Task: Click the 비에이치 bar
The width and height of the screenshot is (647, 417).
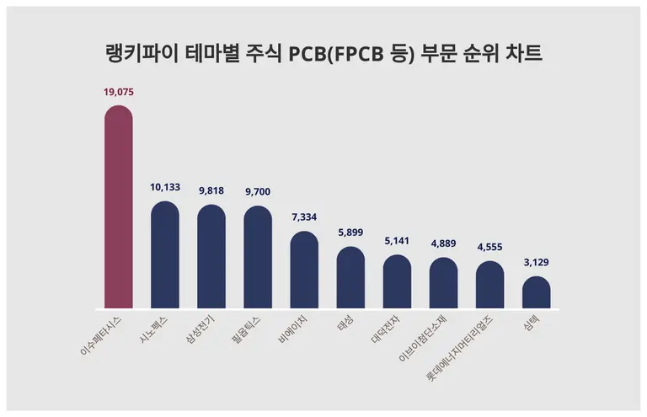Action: [x=304, y=270]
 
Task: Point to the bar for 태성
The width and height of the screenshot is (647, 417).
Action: [x=350, y=278]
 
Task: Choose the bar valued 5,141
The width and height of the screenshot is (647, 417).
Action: [x=397, y=282]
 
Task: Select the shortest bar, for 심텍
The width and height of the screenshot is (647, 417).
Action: [x=536, y=292]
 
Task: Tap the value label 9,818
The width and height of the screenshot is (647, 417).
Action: [x=211, y=191]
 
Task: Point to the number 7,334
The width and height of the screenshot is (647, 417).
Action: [x=304, y=217]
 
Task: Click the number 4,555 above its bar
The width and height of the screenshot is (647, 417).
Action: [x=489, y=248]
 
